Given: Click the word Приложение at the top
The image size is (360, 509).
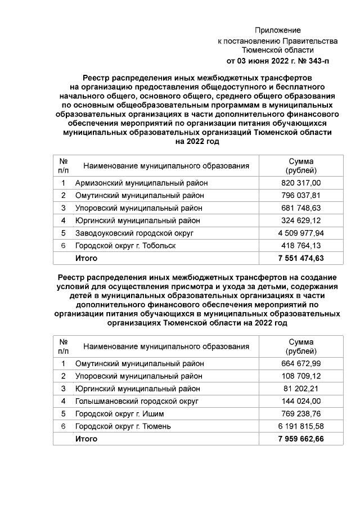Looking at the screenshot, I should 277,30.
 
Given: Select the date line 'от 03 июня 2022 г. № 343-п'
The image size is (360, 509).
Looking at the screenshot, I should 277,61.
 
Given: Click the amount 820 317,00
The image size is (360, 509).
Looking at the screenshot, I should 301,183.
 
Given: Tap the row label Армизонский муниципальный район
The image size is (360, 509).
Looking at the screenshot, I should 142,183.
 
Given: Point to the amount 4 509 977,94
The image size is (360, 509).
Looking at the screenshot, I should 301,233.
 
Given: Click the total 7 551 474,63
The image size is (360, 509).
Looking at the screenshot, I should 301,258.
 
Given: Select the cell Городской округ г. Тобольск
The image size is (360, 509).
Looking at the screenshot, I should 125,246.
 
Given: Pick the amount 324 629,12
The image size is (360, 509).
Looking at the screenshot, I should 301,220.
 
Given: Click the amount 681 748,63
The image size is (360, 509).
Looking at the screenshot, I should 301,208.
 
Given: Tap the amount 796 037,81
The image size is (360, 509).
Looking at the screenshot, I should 301,195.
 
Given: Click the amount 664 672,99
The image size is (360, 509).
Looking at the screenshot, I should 301,363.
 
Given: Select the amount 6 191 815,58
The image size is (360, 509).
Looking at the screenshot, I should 301,426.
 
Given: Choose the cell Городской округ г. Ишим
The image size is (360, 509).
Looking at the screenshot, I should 119,413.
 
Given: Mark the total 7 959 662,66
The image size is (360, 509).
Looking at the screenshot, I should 301,439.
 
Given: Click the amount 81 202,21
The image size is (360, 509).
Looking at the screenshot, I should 301,389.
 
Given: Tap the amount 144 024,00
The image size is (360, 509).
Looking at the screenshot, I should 301,401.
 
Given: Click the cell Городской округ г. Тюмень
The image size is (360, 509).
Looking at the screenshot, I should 123,426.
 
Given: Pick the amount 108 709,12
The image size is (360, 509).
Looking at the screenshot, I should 301,376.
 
